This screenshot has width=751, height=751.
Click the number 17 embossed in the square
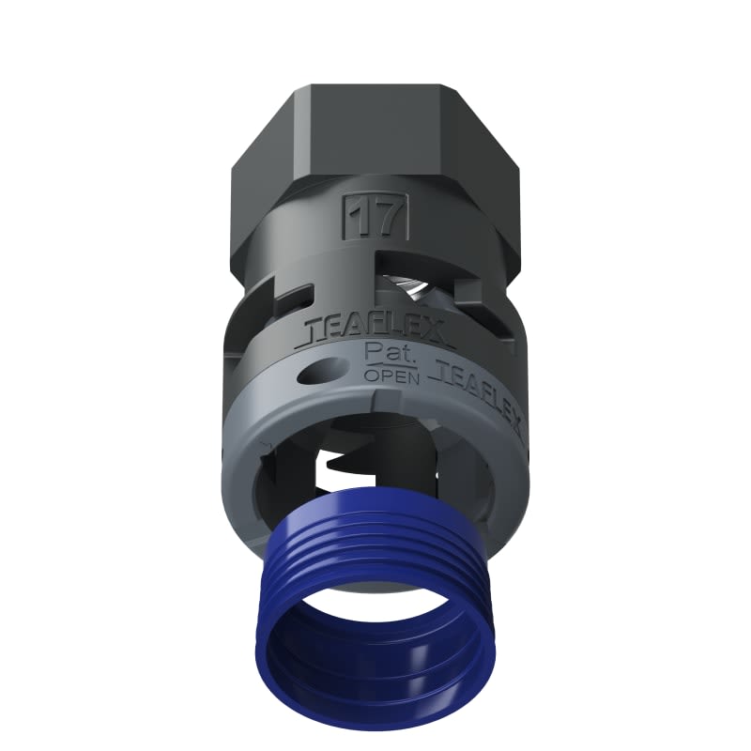378,219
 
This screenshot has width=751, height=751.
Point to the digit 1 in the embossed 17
364,219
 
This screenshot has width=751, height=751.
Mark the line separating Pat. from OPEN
384,366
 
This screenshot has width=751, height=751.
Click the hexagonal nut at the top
375,141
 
